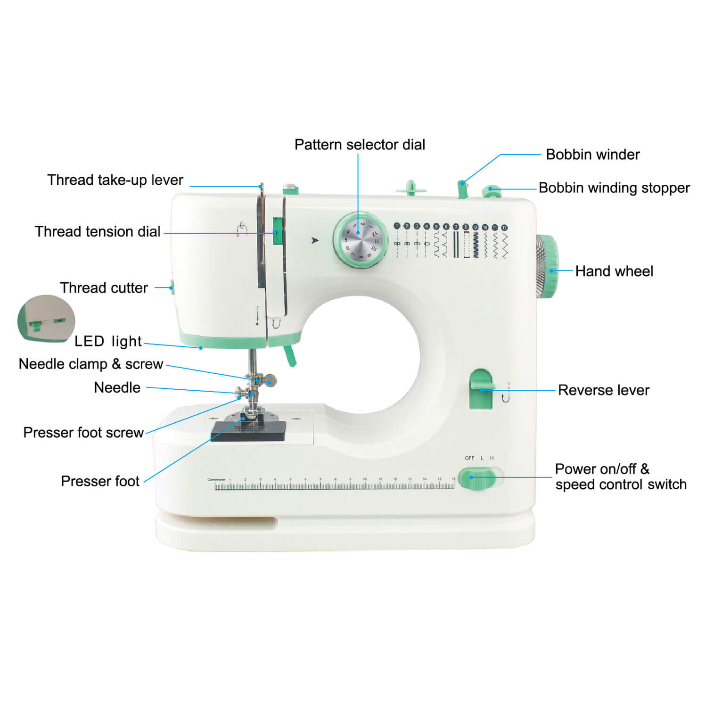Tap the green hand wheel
click(547, 266)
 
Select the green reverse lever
click(481, 388)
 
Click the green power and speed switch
click(477, 478)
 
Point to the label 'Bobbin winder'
click(592, 154)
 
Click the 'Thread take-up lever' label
click(115, 180)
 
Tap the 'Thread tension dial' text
click(98, 231)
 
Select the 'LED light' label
click(108, 341)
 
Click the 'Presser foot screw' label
click(83, 432)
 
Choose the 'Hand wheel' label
click(614, 271)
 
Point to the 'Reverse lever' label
click(604, 390)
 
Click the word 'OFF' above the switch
click(469, 458)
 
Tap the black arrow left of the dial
click(315, 240)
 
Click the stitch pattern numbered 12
click(504, 242)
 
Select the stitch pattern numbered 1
click(397, 241)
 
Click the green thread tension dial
click(277, 231)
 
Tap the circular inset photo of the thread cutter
click(46, 318)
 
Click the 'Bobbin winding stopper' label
click(614, 188)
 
